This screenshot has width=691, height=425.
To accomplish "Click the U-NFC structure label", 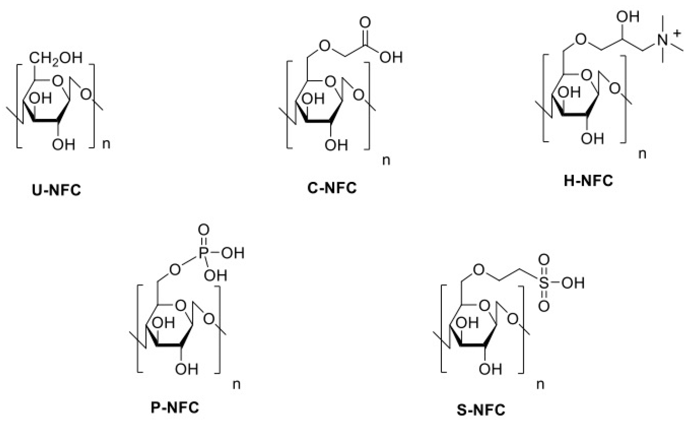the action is point(56,190).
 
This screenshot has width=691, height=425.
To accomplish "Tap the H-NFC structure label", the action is point(589,181).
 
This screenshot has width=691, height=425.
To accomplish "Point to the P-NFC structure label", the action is point(175,407).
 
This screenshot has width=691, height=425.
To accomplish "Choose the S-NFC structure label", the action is point(481,410).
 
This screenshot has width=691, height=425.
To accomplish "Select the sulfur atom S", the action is point(544,283).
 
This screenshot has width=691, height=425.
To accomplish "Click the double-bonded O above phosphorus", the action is point(204,230).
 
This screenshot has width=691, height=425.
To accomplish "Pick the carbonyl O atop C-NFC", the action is point(365,23).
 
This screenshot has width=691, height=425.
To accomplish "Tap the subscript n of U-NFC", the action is point(106,144).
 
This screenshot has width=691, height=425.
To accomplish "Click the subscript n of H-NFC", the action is point(642,154).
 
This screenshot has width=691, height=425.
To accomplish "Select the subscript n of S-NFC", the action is point(540,384).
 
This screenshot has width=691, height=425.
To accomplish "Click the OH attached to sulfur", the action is point(573,283).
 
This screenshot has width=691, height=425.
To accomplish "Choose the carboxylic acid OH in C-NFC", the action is point(391,57).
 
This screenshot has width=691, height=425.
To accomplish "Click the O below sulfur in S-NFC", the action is point(544,306).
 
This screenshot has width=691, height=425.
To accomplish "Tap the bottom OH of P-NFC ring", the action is point(187,369).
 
